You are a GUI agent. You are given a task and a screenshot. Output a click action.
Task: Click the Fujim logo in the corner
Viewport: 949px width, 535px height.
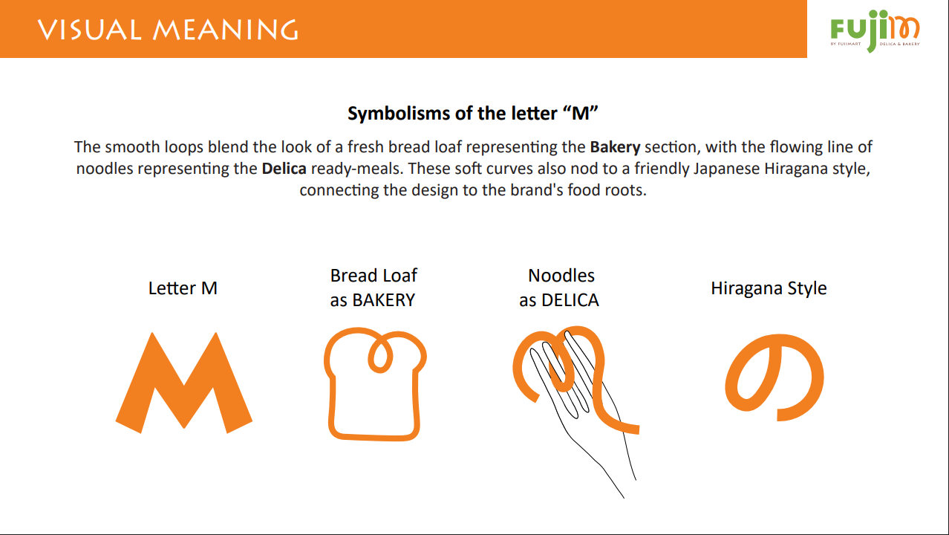[875, 30]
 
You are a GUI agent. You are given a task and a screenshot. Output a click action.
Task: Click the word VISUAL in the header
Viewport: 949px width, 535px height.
[89, 30]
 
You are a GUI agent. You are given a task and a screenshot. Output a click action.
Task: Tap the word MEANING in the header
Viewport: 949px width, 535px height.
[226, 30]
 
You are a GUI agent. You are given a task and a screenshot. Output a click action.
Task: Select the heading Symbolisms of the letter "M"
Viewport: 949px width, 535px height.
[472, 113]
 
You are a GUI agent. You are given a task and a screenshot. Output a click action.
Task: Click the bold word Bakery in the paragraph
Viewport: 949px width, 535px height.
[615, 147]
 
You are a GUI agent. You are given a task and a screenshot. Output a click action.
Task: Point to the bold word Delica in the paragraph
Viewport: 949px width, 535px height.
[284, 169]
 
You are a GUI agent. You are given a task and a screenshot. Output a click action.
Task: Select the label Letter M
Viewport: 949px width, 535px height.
[183, 288]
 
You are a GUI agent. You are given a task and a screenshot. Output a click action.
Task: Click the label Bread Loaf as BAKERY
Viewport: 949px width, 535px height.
[374, 288]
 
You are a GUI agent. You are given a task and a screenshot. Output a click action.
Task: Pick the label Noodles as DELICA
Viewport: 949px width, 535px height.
[559, 288]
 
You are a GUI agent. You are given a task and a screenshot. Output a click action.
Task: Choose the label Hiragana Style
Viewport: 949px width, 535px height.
[769, 289]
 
